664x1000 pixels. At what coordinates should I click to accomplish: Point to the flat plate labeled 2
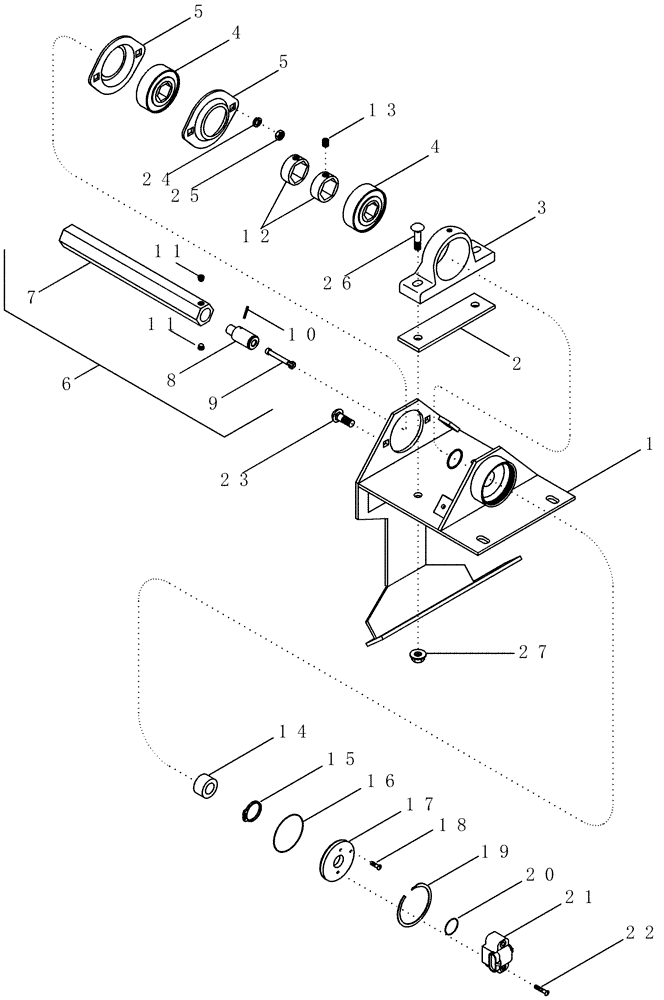[449, 322]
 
